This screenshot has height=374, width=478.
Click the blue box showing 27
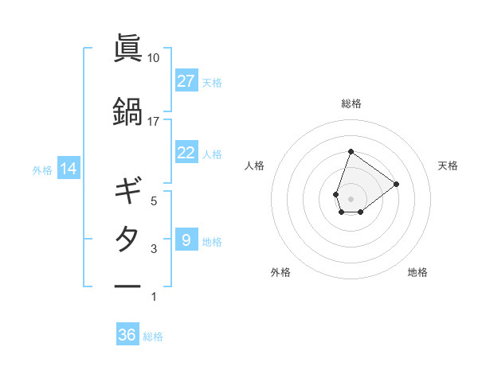pos(186,81)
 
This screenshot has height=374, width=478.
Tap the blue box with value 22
pos(186,153)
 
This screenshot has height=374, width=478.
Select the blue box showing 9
pos(186,240)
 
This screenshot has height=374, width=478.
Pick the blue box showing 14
pos(69,169)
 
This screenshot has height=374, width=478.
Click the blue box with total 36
pos(127,335)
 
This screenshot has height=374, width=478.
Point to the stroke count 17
pos(154,122)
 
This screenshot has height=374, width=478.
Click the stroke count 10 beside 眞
pos(154,58)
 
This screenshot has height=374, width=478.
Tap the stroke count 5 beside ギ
pos(154,201)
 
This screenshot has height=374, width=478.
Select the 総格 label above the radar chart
pos(351,103)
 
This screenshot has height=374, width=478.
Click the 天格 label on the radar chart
pos(448,166)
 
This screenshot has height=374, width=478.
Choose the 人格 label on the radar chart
pos(255,166)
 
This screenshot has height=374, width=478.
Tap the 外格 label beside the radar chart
pos(280,272)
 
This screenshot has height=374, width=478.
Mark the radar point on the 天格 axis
pos(396,184)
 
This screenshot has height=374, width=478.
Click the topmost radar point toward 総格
pos(351,151)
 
